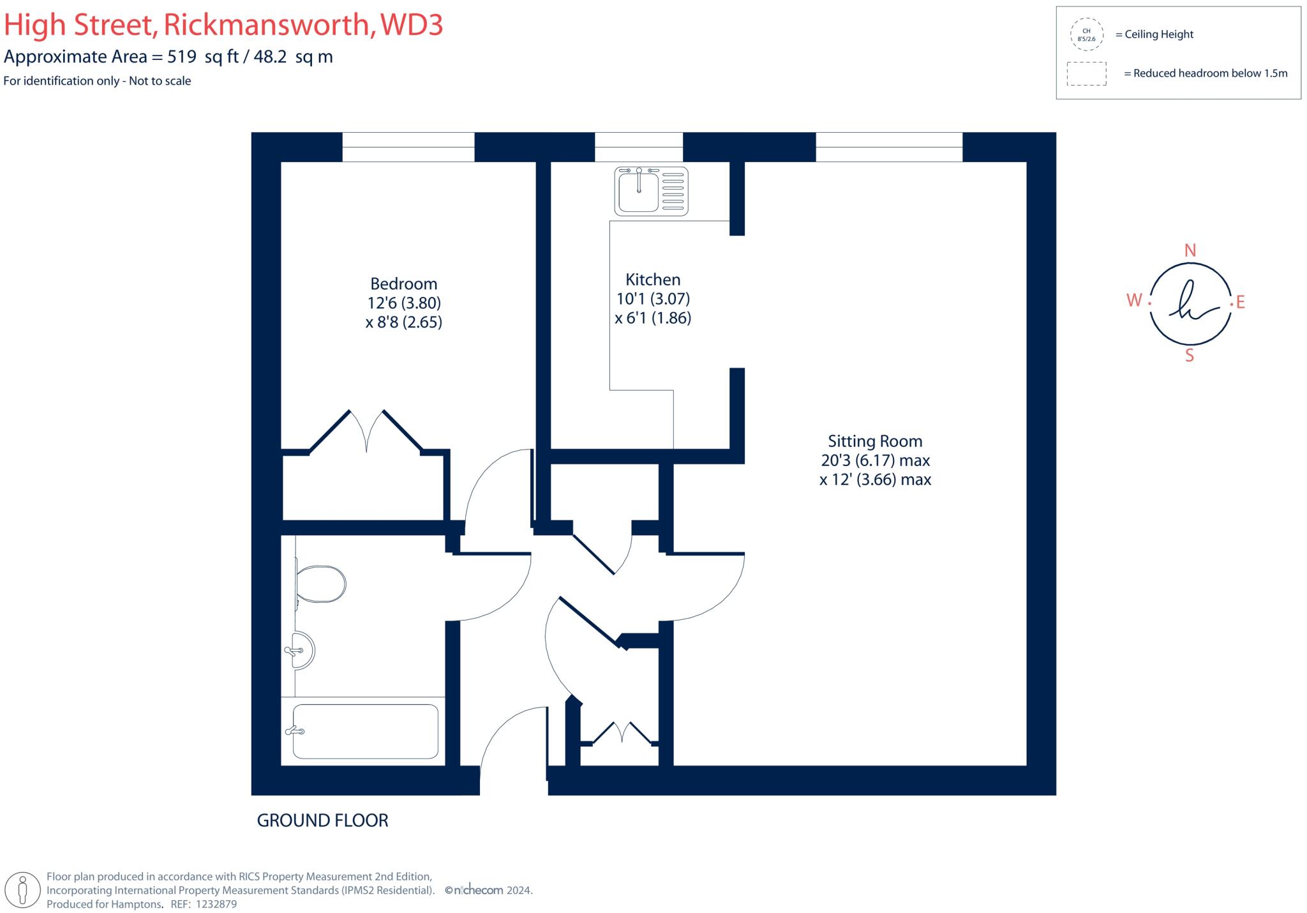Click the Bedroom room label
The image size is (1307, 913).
404,283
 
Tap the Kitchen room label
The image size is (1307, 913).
653,280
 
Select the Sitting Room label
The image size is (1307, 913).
875,441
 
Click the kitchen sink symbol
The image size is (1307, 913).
651,190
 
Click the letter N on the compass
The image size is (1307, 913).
1190,251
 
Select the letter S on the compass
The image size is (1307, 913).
1190,356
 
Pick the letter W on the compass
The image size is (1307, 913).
1134,300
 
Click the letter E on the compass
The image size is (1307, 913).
1241,303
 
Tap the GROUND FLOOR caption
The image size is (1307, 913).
322,820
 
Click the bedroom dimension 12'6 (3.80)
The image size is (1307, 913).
404,303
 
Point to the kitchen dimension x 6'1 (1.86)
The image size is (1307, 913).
653,318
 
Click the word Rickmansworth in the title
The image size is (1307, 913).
267,26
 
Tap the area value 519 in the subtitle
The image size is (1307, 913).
181,57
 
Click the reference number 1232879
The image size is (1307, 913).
216,904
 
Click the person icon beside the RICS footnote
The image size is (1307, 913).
23,889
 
